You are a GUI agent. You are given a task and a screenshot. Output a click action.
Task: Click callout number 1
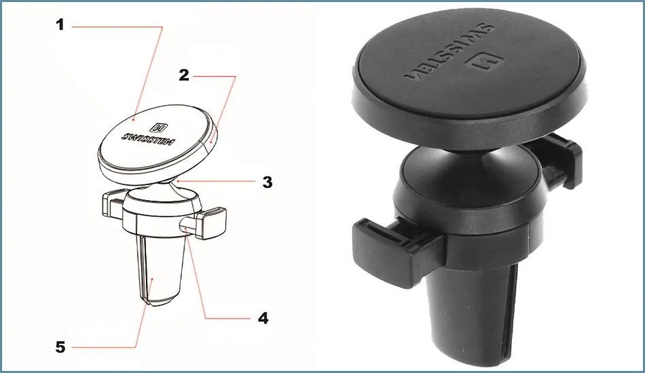pyautogui.click(x=60, y=25)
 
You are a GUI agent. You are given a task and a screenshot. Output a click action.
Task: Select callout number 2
pyautogui.click(x=184, y=75)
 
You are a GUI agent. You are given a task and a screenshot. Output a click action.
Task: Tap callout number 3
pyautogui.click(x=268, y=182)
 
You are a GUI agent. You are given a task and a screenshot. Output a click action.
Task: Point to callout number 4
pyautogui.click(x=263, y=318)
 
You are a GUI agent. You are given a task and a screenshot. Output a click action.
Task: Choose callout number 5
pyautogui.click(x=60, y=347)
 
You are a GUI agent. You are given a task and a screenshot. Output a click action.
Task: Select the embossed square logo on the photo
pyautogui.click(x=484, y=62)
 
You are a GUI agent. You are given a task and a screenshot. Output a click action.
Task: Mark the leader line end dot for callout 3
pyautogui.click(x=177, y=180)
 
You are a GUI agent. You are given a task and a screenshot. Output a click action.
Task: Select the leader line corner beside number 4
pyautogui.click(x=205, y=318)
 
